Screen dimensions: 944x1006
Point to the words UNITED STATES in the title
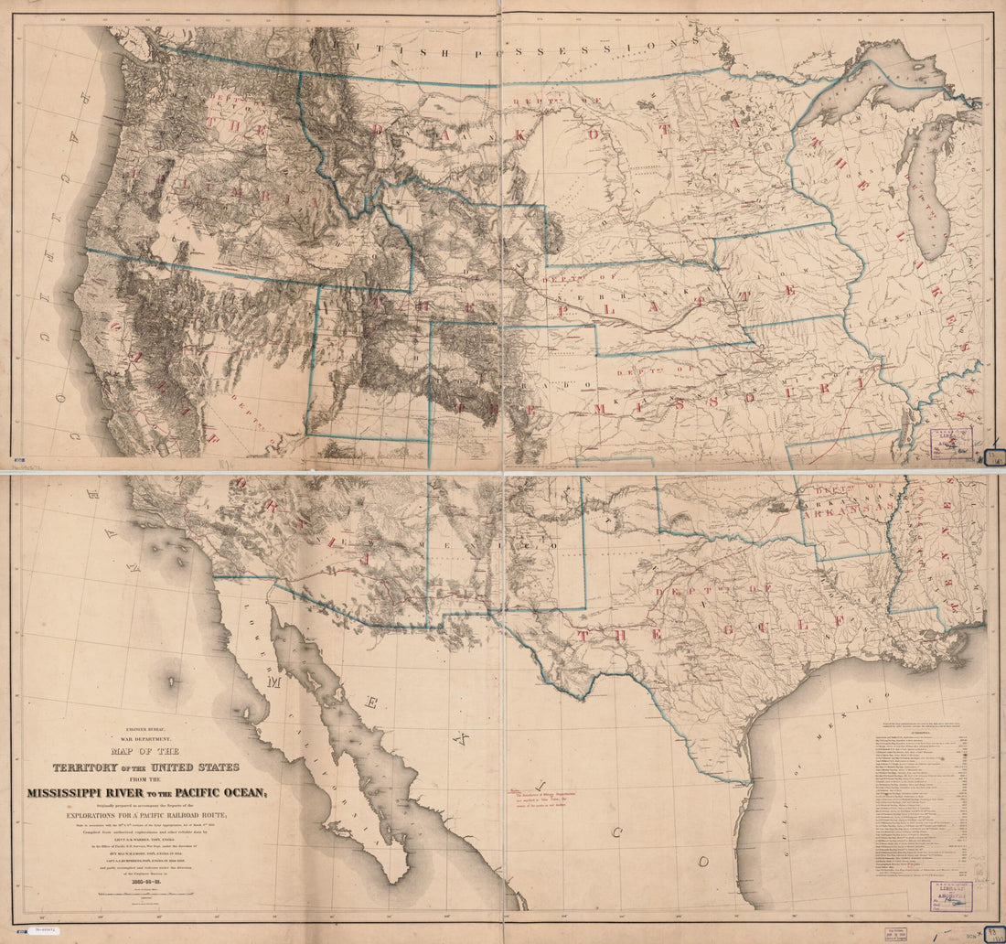pos(198,767)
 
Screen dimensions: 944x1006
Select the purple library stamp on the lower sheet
pos(951,896)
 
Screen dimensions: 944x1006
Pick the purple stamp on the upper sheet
pos(951,441)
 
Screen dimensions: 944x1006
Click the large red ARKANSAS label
pos(846,509)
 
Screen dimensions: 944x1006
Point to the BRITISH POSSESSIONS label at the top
pos(512,43)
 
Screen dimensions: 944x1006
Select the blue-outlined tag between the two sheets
pos(994,456)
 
